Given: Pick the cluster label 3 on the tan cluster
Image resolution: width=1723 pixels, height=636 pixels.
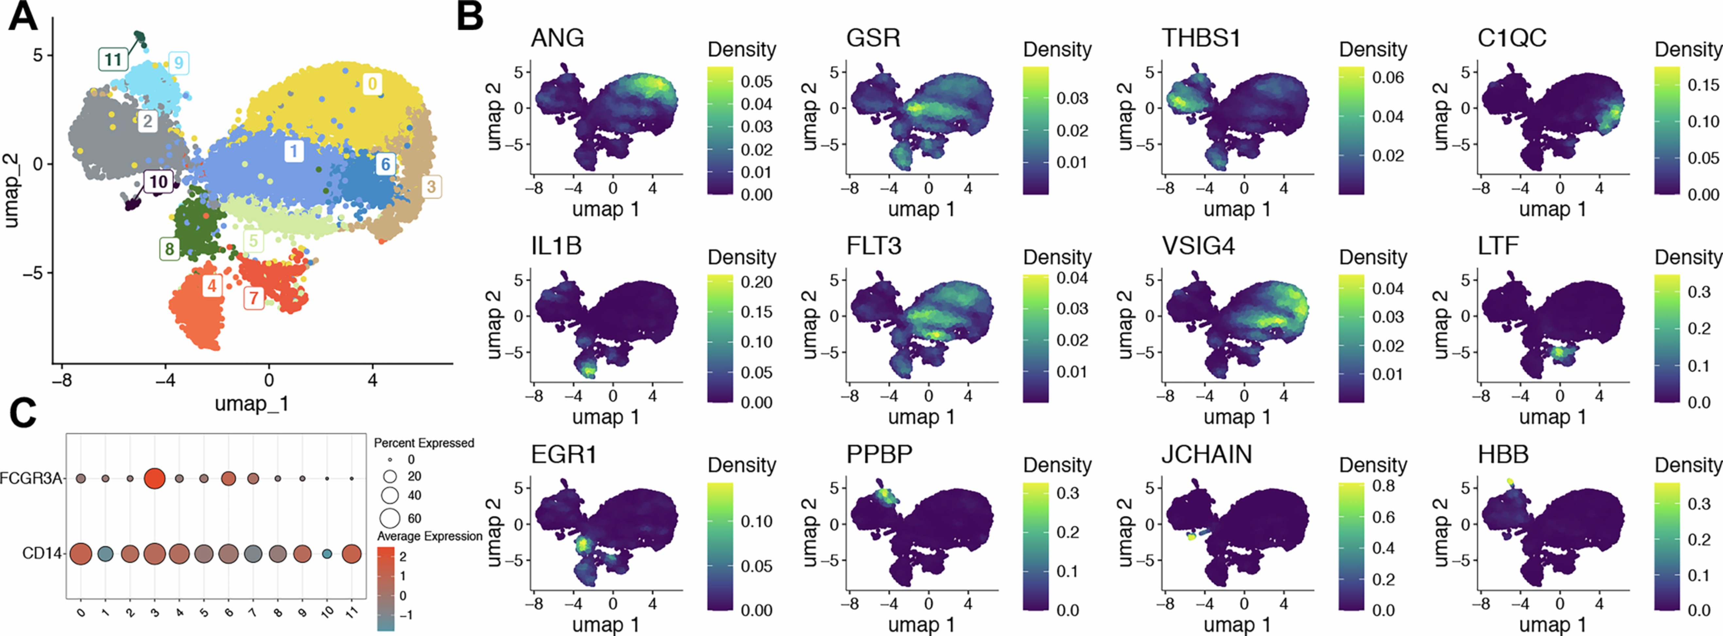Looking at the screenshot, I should (431, 187).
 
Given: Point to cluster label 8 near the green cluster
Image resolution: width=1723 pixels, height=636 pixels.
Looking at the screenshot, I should (169, 249).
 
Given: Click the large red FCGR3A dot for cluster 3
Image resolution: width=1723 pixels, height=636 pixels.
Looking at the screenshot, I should (155, 479).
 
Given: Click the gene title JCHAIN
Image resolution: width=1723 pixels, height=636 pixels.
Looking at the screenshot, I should (1206, 455).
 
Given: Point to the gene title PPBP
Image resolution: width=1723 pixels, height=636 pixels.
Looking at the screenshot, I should (879, 455).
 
